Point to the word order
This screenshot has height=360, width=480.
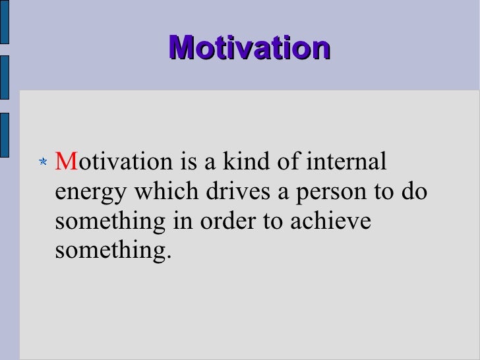[x=231, y=222]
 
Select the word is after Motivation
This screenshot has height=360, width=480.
[x=184, y=162]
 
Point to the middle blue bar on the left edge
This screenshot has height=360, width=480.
[x=4, y=77]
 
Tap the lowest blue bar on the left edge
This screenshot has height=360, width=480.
[x=4, y=134]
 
